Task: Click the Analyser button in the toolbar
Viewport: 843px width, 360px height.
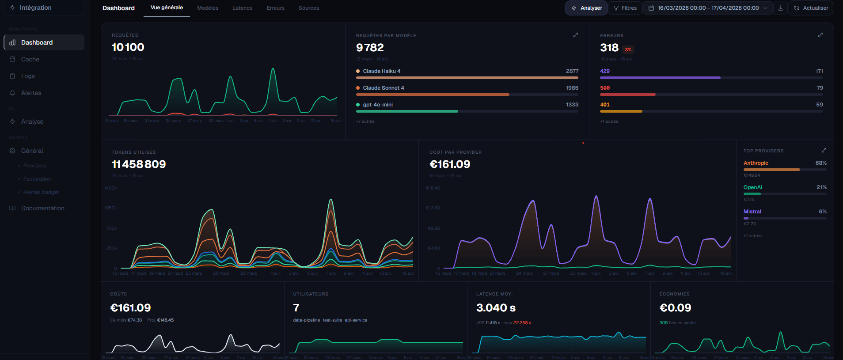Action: coord(587,8)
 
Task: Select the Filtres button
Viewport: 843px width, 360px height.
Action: coord(625,8)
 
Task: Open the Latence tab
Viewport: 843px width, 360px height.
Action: coord(242,8)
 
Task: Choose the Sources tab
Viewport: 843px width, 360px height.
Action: coord(308,8)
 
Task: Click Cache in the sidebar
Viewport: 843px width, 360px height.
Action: coord(30,59)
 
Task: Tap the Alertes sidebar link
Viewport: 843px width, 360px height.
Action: coord(31,93)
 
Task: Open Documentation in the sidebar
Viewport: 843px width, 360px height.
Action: coord(42,208)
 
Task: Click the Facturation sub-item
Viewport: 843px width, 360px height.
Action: coord(37,179)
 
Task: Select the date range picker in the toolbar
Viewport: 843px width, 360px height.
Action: coord(708,8)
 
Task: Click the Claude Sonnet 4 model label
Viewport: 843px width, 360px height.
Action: coord(383,88)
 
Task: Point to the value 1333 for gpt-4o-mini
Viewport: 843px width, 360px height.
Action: coord(572,105)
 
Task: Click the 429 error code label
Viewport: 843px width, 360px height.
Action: coord(605,71)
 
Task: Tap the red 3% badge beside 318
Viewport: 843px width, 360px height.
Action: coord(628,49)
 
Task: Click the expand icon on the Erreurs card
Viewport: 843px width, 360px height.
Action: coord(820,35)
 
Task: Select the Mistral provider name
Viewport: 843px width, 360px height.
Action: coord(752,212)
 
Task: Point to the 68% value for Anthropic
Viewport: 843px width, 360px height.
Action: coord(820,163)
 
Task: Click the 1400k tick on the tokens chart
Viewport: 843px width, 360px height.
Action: coord(110,188)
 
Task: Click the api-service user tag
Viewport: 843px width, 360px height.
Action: coord(356,320)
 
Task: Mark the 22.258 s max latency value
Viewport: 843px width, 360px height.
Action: coord(522,323)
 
